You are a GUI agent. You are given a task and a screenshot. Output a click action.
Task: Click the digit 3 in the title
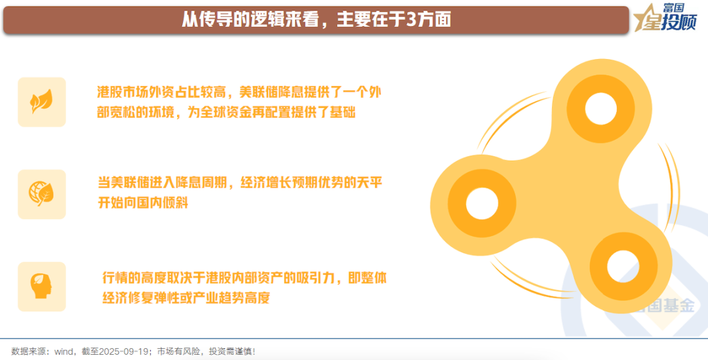[411, 20]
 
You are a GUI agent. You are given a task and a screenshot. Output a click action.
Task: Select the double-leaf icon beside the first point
[41, 102]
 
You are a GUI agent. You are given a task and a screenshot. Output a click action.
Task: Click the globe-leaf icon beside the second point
[41, 194]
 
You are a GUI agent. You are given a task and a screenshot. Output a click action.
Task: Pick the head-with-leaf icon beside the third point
[41, 286]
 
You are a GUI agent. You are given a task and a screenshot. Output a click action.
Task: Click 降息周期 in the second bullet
[197, 183]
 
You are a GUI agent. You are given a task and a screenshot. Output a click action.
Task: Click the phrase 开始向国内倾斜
[143, 202]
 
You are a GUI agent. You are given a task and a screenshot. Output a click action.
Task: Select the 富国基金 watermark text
[662, 306]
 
